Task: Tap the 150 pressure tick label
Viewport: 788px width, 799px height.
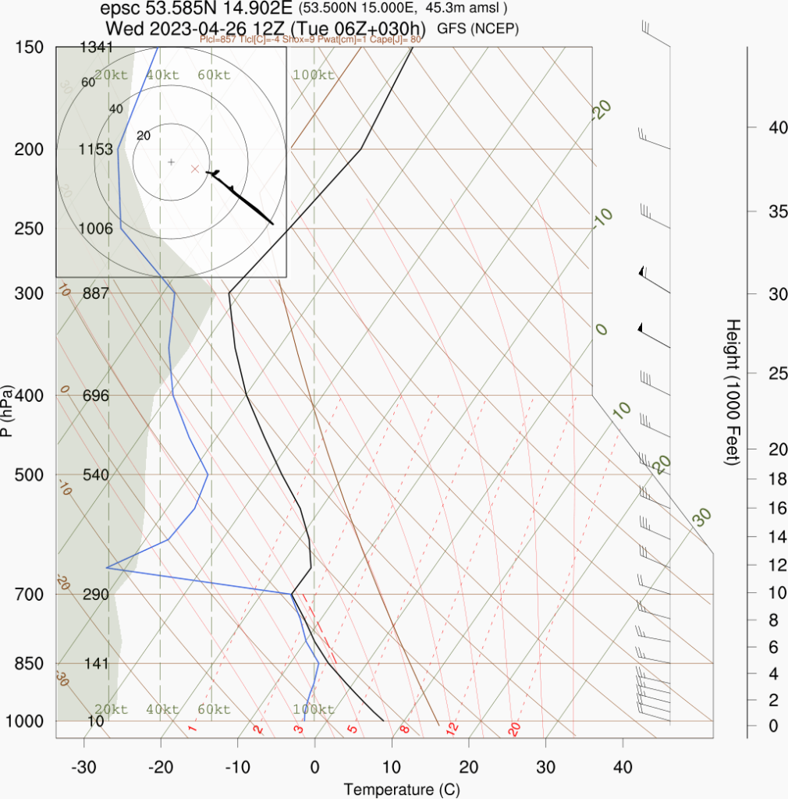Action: point(28,48)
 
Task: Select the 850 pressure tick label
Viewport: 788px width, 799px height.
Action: point(28,663)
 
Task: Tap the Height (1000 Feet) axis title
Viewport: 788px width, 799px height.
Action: point(732,392)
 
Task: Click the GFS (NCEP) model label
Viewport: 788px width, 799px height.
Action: point(478,29)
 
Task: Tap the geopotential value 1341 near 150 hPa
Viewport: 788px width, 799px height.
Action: point(97,48)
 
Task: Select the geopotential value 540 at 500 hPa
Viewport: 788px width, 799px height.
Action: point(97,474)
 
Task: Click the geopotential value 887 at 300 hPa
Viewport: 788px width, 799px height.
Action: point(97,293)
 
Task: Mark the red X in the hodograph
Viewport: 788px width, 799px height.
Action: point(195,169)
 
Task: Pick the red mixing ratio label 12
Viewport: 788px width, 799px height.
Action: point(451,729)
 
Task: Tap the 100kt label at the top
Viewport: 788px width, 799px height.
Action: point(314,75)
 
